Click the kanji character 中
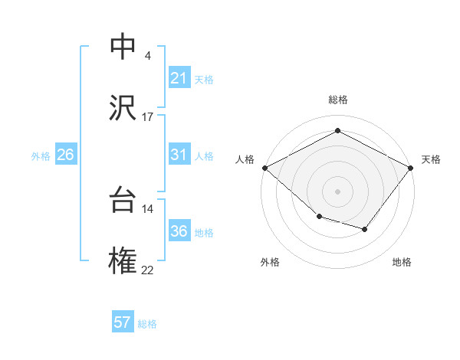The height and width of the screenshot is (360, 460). tap(123, 47)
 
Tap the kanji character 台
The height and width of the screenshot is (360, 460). tap(123, 200)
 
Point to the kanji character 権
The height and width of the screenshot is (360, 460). tap(123, 261)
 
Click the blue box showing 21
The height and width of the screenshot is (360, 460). tap(179, 78)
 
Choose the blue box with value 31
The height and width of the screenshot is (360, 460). tap(179, 155)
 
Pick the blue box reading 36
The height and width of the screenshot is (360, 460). tap(179, 231)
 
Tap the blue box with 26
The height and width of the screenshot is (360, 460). tap(65, 155)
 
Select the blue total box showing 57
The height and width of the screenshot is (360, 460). tap(123, 322)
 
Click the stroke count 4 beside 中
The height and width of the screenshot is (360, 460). tap(148, 56)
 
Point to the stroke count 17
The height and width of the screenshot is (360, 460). tap(148, 117)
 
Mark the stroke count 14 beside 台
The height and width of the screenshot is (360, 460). tap(148, 209)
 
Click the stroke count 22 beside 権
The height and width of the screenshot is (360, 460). tap(148, 270)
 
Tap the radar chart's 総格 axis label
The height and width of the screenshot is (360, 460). tap(337, 100)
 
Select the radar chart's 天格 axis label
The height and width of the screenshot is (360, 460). tap(431, 159)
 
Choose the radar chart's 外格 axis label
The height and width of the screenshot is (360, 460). tap(270, 262)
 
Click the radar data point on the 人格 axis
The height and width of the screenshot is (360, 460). tap(264, 168)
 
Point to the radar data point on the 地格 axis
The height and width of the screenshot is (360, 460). tap(365, 229)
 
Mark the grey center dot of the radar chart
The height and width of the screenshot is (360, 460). tap(337, 191)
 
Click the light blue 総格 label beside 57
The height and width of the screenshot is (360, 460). tap(147, 324)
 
